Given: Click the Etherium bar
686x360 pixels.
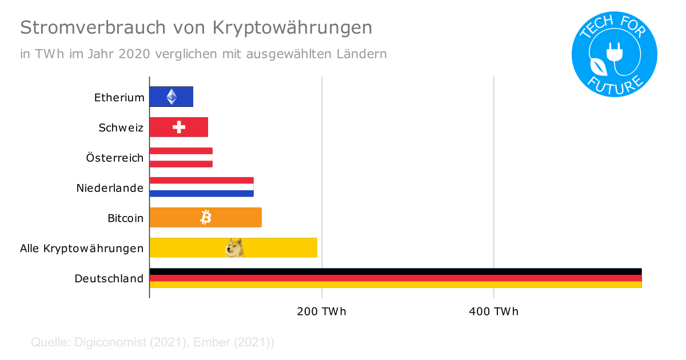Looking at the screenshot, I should click(171, 97).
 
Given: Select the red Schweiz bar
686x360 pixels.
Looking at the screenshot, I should click(179, 127).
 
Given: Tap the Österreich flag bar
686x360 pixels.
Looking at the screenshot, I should click(181, 158).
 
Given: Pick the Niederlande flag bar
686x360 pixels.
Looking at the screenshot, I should click(201, 187).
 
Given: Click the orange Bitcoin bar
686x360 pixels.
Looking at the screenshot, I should click(205, 217).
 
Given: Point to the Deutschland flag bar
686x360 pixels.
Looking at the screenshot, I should click(395, 278).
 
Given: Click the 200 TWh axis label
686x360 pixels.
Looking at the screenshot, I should click(322, 312).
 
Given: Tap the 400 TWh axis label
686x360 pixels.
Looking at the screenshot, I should click(494, 312).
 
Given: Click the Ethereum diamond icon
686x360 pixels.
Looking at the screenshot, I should click(171, 97).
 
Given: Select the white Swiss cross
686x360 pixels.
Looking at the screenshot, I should click(179, 127).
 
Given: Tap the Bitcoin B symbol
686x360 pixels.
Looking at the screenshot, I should click(206, 217).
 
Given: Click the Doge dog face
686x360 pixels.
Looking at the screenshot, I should click(235, 247).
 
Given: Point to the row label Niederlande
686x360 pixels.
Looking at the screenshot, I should click(110, 187).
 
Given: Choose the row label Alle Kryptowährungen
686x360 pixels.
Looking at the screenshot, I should click(82, 249).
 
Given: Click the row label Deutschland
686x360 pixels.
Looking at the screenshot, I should click(109, 279).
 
